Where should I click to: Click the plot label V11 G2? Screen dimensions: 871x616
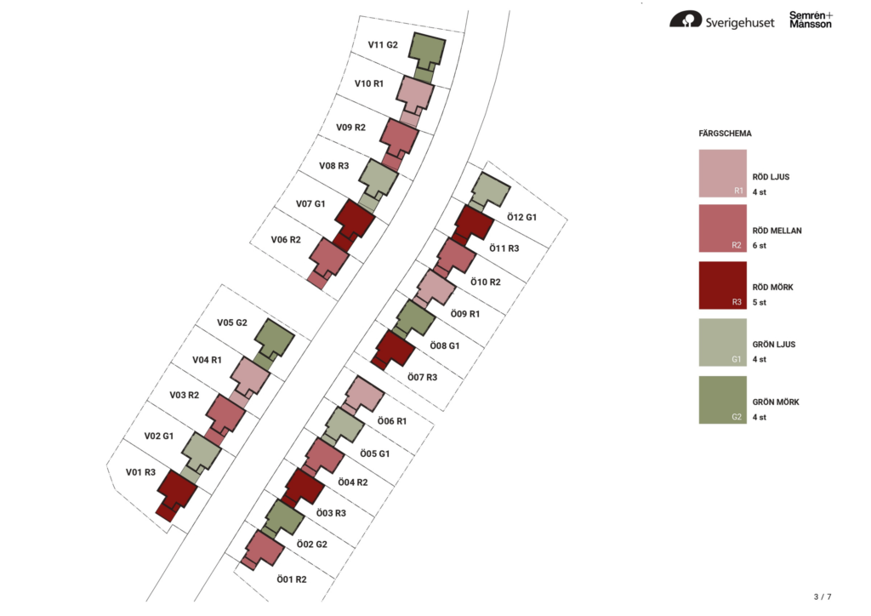[x=383, y=45]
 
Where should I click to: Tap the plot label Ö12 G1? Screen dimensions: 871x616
[x=521, y=217]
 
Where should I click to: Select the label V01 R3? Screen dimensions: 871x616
[x=140, y=472]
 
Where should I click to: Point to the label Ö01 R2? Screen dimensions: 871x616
[x=292, y=579]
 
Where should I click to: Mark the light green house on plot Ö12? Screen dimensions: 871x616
[x=490, y=190]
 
